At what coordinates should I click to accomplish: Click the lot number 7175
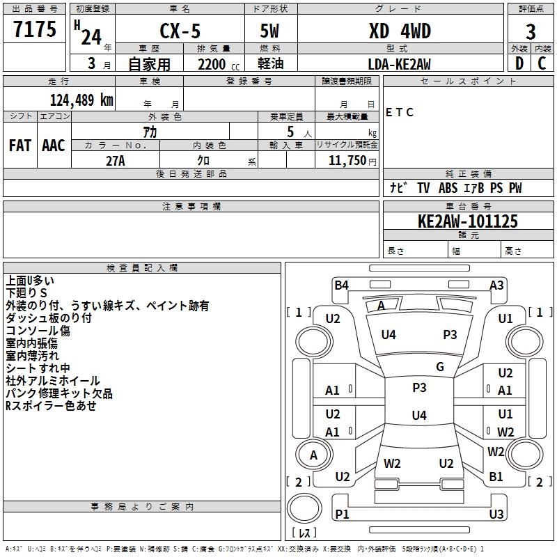coord(35,29)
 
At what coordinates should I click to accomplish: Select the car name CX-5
coord(180,31)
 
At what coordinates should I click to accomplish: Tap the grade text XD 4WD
coord(400,31)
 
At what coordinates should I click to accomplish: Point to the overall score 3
coord(531,32)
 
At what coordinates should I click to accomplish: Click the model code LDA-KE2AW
coord(399,64)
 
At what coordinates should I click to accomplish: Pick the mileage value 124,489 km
coord(81,100)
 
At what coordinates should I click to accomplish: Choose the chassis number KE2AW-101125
coord(468,221)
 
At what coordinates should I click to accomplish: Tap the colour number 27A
coord(116,161)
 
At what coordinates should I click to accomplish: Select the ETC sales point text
coord(400,112)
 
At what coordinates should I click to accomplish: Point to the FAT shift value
coord(20,146)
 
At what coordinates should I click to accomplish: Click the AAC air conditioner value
coord(54,146)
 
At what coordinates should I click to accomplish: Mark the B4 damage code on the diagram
coord(341,285)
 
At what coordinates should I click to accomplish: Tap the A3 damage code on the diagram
coord(496,285)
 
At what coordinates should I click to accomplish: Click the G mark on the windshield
coord(440,367)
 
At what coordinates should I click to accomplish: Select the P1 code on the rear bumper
coord(342,514)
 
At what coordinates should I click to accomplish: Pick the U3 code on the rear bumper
coord(496,514)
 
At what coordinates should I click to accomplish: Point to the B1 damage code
coord(496,477)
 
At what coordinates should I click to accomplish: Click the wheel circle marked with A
coord(314,455)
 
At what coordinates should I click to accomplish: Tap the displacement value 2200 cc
coord(219,65)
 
